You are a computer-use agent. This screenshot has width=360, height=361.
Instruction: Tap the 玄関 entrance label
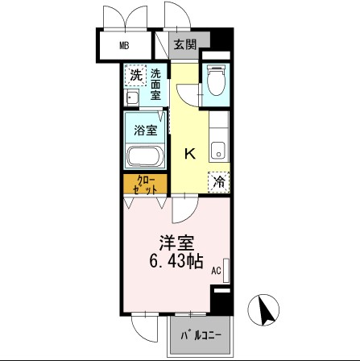pyautogui.click(x=184, y=45)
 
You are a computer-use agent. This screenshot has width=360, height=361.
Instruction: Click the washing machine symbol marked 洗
pyautogui.click(x=136, y=76)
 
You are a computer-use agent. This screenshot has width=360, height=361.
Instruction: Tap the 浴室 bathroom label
pyautogui.click(x=145, y=130)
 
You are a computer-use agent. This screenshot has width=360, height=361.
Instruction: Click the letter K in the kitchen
pyautogui.click(x=191, y=152)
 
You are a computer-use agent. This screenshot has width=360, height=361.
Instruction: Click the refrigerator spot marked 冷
pyautogui.click(x=218, y=183)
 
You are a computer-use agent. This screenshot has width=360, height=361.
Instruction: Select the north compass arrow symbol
pyautogui.click(x=267, y=308)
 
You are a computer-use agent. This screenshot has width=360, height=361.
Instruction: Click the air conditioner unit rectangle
pyautogui.click(x=227, y=270)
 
